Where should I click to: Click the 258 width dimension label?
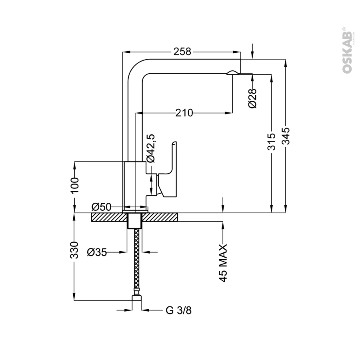coord(182,52)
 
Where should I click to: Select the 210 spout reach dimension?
coord(184,113)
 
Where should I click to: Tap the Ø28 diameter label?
coord(252,98)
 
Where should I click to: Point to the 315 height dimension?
coord(271,142)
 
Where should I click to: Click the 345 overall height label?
coord(286,136)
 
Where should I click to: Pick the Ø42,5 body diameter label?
coord(151,148)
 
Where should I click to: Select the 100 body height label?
coord(74,186)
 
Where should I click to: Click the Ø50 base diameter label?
coord(101,207)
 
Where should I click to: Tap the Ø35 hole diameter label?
coord(97,252)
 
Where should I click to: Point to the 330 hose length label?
coord(74,250)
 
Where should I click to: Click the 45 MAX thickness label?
coord(223,263)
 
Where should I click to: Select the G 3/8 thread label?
coord(179,310)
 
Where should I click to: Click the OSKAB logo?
coord(347,50)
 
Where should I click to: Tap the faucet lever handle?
coord(167,170)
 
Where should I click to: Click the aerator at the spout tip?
coord(232,72)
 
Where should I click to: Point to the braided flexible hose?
coord(136,262)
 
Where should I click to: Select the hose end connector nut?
coord(137,298)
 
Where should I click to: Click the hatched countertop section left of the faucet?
coord(109,217)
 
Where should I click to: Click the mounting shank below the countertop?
coord(134,221)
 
